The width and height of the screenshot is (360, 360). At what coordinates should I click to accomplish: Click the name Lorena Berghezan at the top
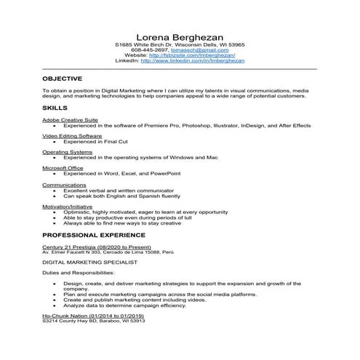pyautogui.click(x=180, y=36)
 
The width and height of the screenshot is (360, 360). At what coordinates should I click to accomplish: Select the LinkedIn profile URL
pyautogui.click(x=193, y=61)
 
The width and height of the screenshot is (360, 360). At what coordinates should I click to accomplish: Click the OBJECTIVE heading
pyautogui.click(x=63, y=78)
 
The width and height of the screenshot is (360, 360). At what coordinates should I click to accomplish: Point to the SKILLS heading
pyautogui.click(x=55, y=107)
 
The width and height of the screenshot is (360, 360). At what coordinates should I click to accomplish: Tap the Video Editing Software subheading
pyautogui.click(x=71, y=136)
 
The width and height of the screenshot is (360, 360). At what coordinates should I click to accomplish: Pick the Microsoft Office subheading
pyautogui.click(x=63, y=168)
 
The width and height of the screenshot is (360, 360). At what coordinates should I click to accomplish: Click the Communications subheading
pyautogui.click(x=64, y=185)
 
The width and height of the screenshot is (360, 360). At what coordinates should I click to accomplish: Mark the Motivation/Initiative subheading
pyautogui.click(x=68, y=206)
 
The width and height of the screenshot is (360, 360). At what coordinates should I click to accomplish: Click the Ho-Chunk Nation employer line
pyautogui.click(x=92, y=316)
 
